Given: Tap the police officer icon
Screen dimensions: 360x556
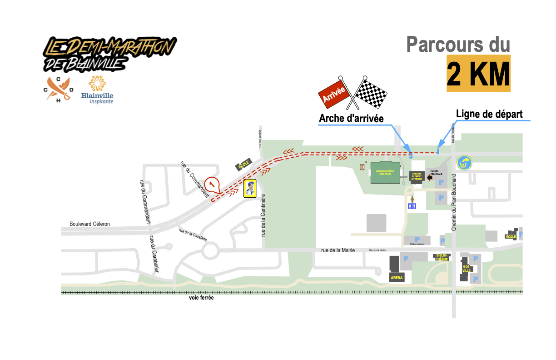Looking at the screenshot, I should (x=249, y=188).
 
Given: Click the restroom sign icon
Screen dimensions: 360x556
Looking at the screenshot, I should (x=412, y=206).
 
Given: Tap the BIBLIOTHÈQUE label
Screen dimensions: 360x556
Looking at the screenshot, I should (x=442, y=257).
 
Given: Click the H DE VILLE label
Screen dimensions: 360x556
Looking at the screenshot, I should (x=466, y=268).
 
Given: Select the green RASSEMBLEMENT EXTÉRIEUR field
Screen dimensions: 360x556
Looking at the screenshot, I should (x=387, y=173).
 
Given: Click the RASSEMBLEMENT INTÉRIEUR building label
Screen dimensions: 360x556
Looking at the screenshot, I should (x=417, y=176).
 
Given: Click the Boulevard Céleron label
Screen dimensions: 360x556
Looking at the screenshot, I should (x=90, y=224).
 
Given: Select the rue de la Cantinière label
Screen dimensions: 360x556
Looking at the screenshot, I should (x=263, y=215).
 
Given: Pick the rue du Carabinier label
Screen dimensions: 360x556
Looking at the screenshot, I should (x=154, y=257).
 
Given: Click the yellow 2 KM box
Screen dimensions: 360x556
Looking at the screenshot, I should (x=478, y=74).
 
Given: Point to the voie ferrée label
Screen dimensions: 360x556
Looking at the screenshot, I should (x=201, y=298).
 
